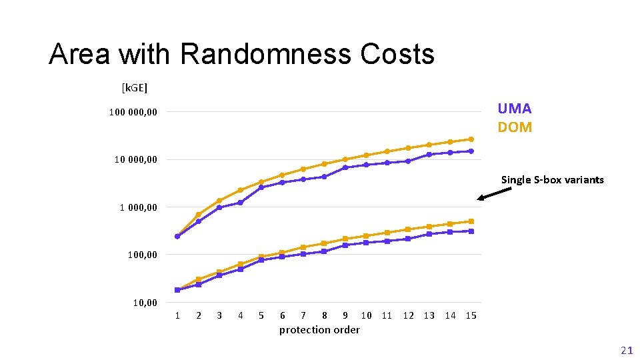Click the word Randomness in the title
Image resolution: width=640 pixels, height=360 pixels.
[x=265, y=55]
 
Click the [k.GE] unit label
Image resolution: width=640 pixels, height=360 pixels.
[x=134, y=87]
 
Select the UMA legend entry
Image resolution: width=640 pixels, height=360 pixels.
[x=514, y=109]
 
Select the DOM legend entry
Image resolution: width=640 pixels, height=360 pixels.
[x=515, y=127]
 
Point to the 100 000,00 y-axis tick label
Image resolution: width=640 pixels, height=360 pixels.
[x=133, y=112]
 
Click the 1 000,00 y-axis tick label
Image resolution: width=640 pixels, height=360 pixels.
[x=139, y=207]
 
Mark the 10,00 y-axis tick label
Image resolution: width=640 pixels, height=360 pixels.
[x=145, y=303]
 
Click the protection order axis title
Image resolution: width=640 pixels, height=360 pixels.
[x=319, y=330]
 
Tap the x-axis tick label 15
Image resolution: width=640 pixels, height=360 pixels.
[x=471, y=315]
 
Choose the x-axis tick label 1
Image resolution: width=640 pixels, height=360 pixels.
[x=177, y=315]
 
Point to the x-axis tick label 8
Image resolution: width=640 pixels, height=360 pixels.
[x=325, y=315]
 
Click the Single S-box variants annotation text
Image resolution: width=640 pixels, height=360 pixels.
[x=552, y=179]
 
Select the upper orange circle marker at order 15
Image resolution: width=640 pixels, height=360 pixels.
[x=471, y=139]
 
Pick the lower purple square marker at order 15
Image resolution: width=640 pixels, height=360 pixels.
[x=471, y=231]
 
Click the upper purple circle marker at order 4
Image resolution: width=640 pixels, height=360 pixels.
[x=240, y=203]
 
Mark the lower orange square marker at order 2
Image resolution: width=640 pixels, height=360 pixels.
[x=199, y=279]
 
